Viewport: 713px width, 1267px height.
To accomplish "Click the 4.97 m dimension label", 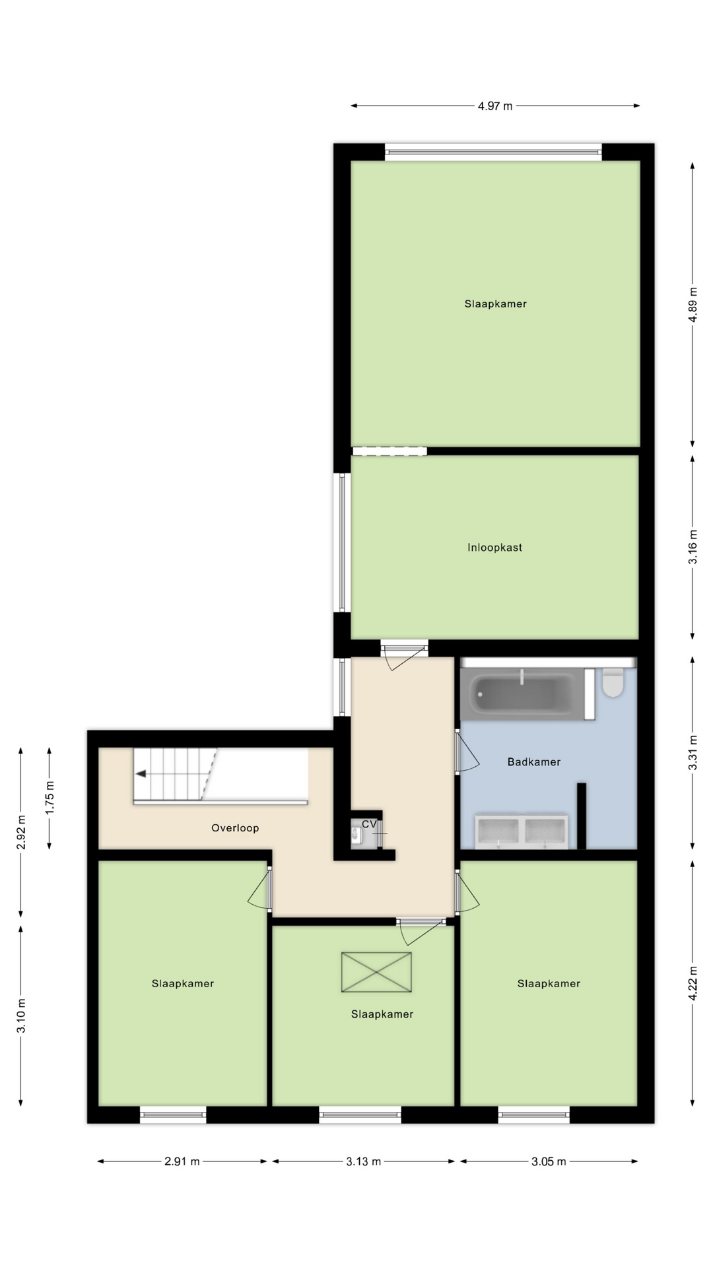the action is pos(495,106).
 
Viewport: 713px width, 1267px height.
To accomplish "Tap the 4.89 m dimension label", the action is pos(693,304).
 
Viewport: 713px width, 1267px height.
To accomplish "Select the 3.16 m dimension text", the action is pos(693,547).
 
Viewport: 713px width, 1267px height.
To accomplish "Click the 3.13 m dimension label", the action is pos(363,1180).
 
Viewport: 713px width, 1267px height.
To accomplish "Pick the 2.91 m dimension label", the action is pos(182,1180).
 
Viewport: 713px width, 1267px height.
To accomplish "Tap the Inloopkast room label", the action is pos(494,547).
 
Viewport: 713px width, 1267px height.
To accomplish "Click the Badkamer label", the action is pos(533,762).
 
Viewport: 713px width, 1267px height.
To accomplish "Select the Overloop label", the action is pos(235,828).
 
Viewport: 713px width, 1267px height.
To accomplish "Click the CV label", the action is pos(369,824).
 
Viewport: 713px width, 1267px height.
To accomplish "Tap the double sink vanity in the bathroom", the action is pos(522,831).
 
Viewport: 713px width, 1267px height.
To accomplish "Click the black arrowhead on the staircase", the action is pos(141,774).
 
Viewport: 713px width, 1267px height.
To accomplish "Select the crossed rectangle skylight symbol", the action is pos(376,972).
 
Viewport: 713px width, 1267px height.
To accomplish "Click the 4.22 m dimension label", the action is pos(693,983).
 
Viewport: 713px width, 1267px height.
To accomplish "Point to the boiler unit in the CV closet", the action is pos(356,835).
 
